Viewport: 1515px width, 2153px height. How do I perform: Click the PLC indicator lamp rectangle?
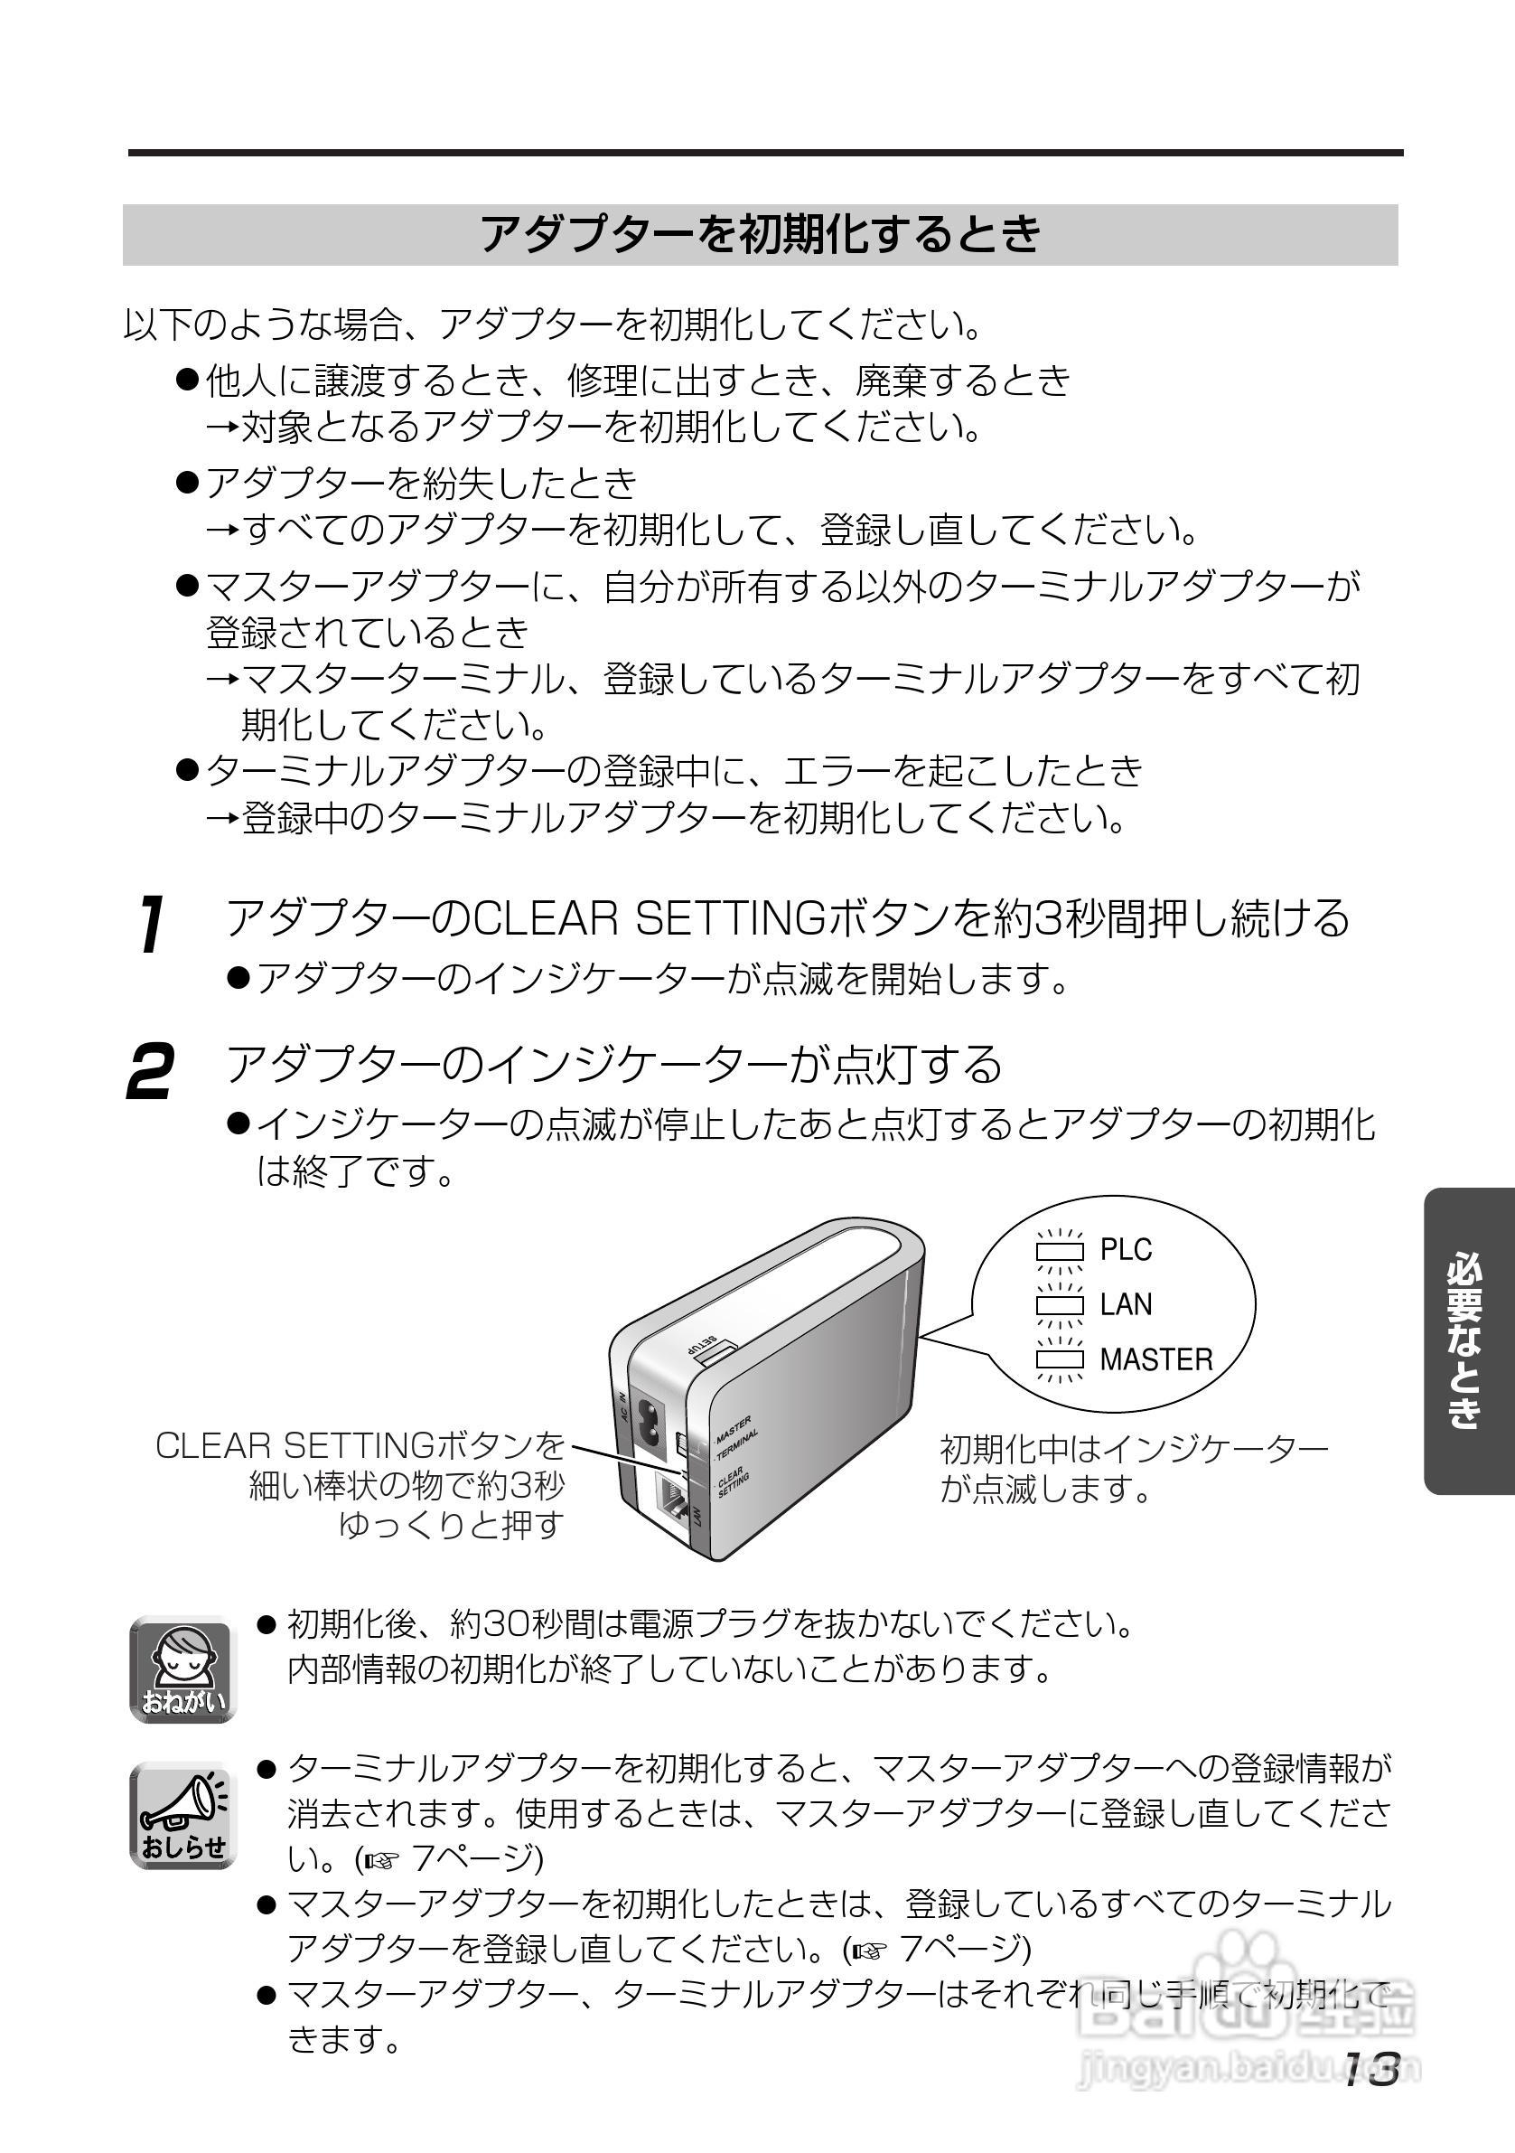(x=1060, y=1251)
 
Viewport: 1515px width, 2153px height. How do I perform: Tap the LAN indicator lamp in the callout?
(x=1060, y=1305)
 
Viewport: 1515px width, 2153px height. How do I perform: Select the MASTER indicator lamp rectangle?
(x=1060, y=1359)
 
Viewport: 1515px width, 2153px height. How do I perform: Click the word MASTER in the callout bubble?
(x=1156, y=1359)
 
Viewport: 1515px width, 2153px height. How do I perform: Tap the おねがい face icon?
(x=182, y=1670)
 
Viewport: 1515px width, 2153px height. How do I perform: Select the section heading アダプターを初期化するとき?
(x=761, y=233)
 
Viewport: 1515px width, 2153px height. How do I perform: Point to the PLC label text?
(x=1126, y=1250)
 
